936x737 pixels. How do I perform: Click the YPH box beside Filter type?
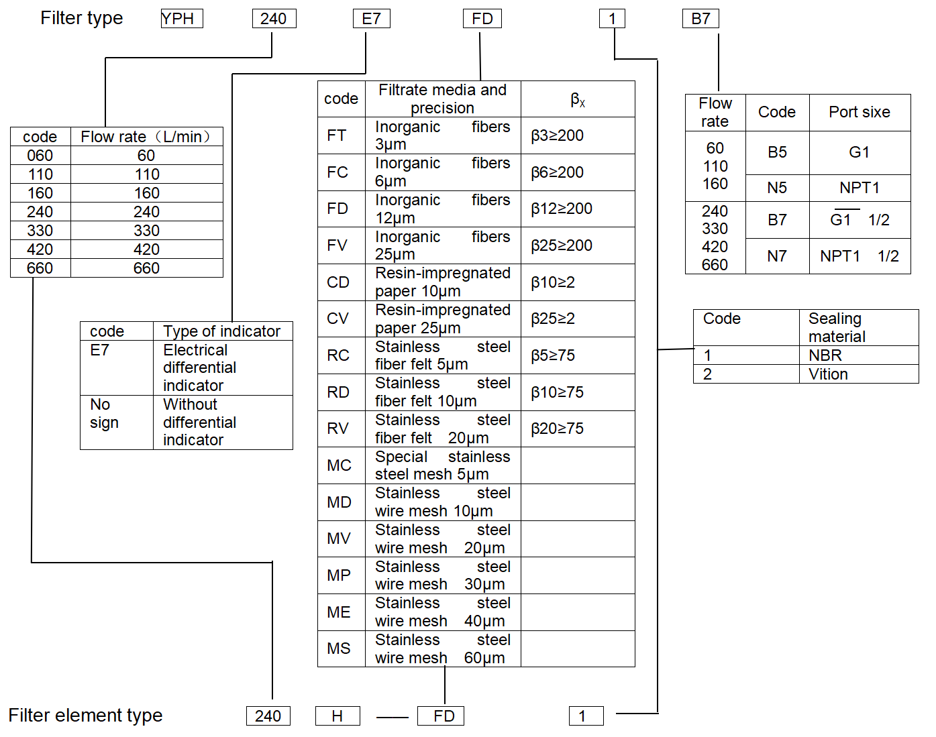(182, 19)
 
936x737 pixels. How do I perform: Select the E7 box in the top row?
(372, 19)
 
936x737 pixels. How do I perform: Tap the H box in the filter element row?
(337, 716)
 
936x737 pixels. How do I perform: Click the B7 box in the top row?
(700, 19)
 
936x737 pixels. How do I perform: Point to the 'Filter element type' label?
(85, 716)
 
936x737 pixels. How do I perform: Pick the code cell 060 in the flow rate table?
(40, 155)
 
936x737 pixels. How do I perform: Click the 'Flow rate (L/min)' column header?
(146, 137)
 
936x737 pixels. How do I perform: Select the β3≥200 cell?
(578, 135)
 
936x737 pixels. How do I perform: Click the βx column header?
(578, 99)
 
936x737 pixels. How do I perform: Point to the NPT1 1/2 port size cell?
(860, 256)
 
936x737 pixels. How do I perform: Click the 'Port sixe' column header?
(860, 112)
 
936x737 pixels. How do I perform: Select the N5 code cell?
(777, 188)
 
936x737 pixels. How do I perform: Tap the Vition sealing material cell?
(859, 374)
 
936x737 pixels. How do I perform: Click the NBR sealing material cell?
(859, 355)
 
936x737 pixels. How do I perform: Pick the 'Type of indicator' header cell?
(223, 331)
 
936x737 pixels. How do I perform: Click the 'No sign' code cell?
(117, 422)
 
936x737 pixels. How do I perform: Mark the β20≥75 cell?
(578, 429)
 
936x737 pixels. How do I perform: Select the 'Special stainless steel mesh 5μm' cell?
(443, 465)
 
